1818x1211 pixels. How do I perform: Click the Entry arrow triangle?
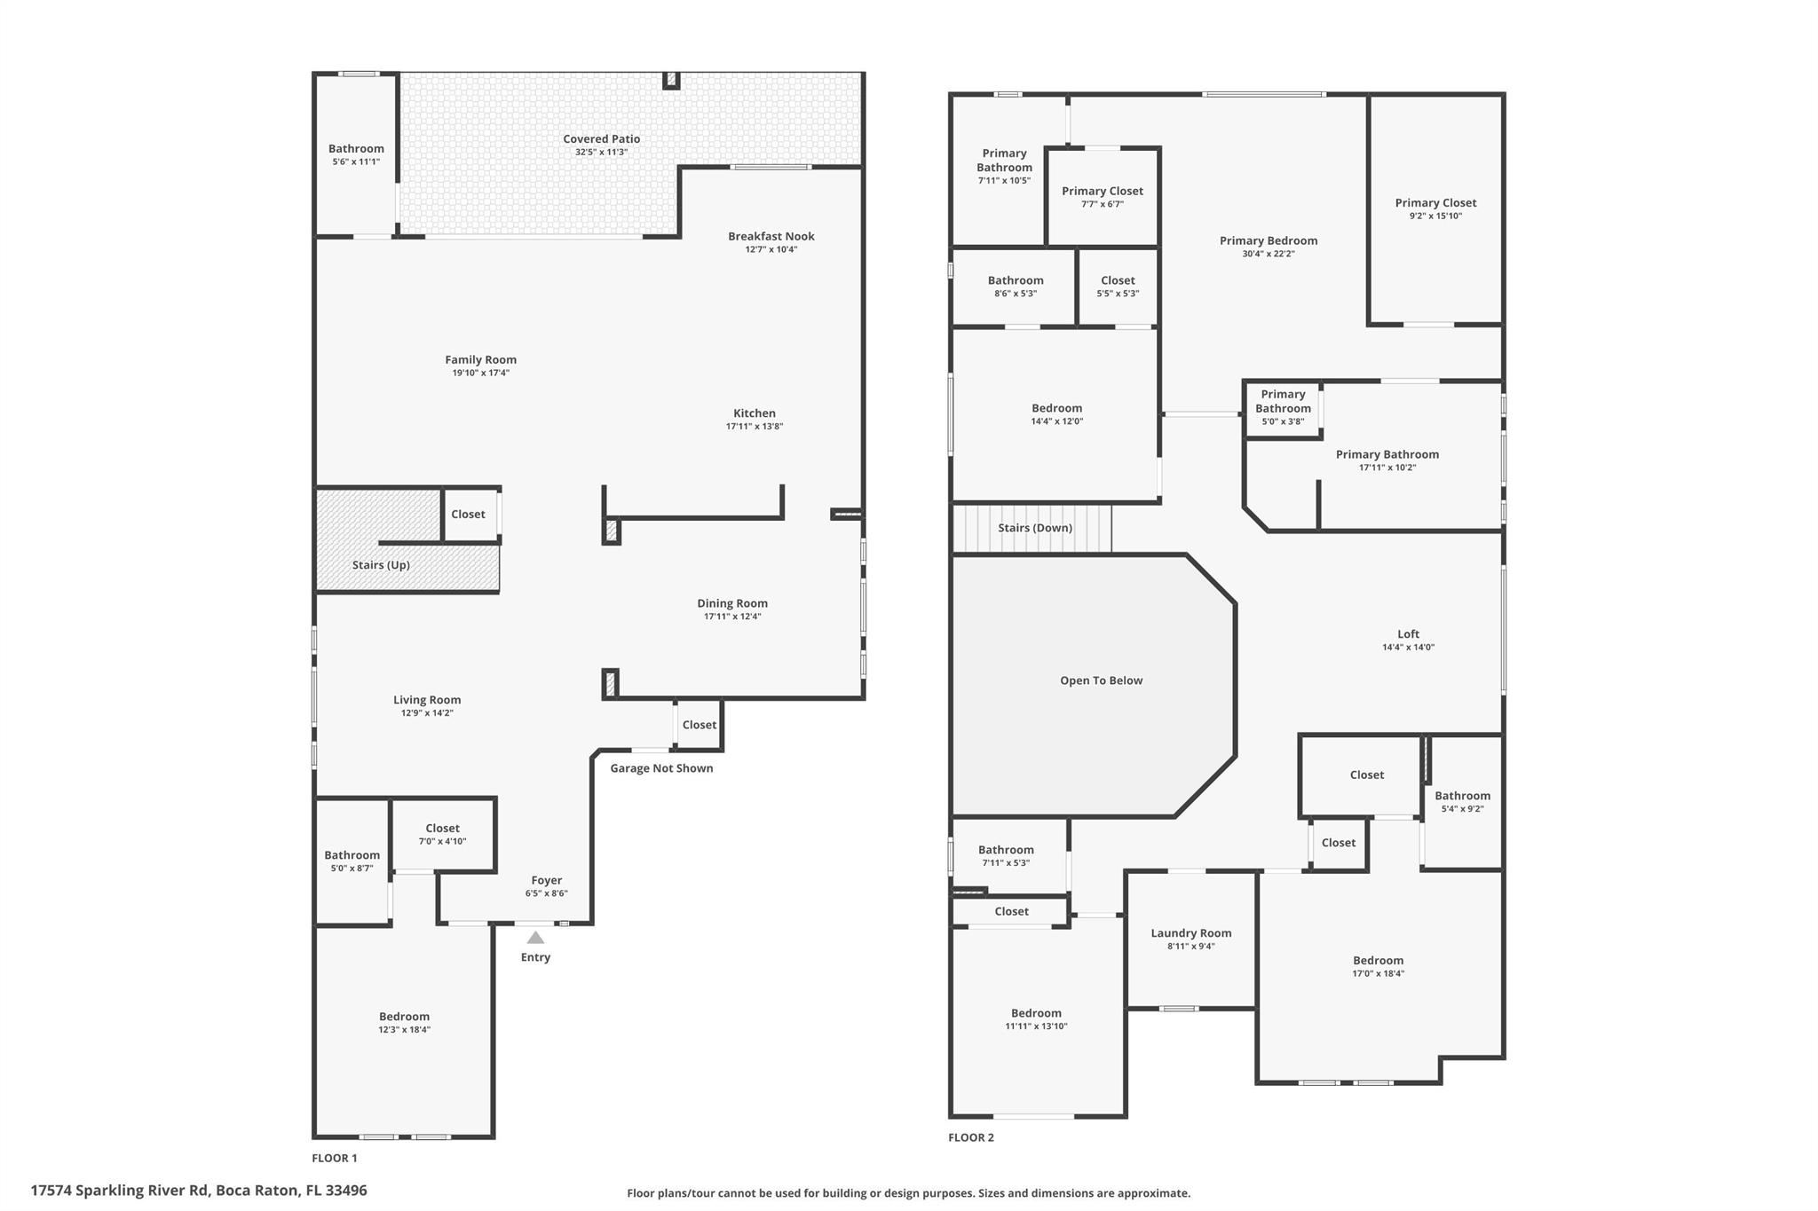coord(535,938)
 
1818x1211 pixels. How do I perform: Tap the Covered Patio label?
coord(601,138)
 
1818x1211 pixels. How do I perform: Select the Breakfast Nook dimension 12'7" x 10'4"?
coord(771,249)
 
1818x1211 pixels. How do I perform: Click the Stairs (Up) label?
coord(381,565)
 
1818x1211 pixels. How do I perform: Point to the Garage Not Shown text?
coord(661,768)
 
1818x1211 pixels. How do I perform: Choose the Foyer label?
coord(546,880)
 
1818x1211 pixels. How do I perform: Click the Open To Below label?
coord(1101,680)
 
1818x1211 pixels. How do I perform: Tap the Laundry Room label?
coord(1190,932)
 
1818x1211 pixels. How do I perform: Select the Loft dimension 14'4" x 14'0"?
coord(1408,648)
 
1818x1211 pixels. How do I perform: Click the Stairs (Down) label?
coord(1034,528)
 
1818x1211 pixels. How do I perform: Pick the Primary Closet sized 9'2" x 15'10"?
coord(1435,208)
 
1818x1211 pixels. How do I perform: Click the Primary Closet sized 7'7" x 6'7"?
coord(1102,196)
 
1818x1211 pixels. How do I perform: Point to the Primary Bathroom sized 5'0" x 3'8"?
coord(1283,407)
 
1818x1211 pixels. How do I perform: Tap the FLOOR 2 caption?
coord(970,1137)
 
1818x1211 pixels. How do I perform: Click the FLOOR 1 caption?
coord(334,1158)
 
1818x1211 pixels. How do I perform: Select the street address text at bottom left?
coord(198,1191)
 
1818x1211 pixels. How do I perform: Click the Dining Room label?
coord(731,603)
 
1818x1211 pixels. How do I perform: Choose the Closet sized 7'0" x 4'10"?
coord(442,834)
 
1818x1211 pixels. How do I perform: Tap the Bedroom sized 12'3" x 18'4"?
coord(404,1022)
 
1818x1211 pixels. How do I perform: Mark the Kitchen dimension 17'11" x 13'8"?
coord(754,427)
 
